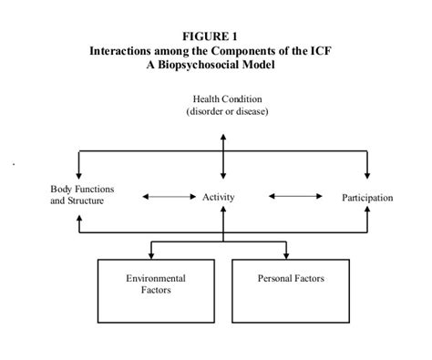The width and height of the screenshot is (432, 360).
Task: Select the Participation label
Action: click(x=368, y=197)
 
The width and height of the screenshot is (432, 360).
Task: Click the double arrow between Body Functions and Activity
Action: click(x=164, y=196)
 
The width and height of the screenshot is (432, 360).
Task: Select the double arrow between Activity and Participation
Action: click(x=295, y=196)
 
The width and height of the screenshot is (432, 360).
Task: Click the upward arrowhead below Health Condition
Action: click(x=223, y=137)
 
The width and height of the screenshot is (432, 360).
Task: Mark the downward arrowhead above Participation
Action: click(x=368, y=173)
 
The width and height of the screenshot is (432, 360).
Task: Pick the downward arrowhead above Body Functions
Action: click(x=80, y=173)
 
